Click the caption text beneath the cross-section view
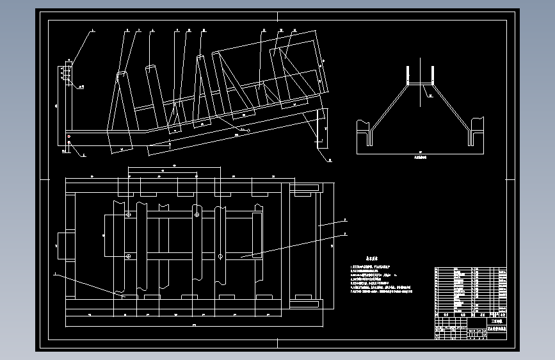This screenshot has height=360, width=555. tap(421, 156)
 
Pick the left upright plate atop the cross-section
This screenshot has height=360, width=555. tap(408, 76)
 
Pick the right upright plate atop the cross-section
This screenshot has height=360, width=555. tap(433, 76)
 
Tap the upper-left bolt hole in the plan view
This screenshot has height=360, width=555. tap(128, 215)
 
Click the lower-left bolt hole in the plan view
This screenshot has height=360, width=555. tap(128, 257)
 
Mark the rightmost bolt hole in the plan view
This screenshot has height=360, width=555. tap(220, 257)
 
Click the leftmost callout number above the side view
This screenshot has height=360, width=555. tap(92, 29)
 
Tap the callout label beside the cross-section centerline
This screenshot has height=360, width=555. tap(431, 97)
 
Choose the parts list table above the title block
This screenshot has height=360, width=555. tap(471, 289)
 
